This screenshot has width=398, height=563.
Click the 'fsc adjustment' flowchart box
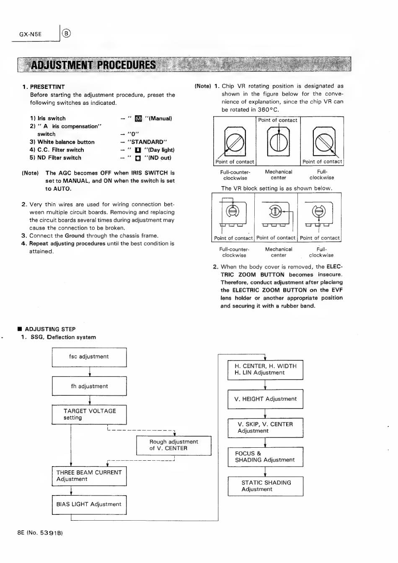(x=89, y=357)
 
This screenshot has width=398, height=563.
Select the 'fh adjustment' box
(x=89, y=386)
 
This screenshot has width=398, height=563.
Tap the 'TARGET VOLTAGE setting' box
(x=89, y=414)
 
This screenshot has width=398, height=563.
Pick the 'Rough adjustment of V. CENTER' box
(x=173, y=445)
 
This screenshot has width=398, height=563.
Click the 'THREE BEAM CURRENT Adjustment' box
(x=89, y=476)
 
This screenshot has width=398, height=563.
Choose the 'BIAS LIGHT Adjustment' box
(x=89, y=504)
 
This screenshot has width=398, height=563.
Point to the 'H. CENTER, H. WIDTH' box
(x=265, y=369)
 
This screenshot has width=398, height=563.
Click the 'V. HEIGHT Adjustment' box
(x=265, y=399)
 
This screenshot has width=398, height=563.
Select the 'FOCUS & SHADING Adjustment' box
(x=265, y=457)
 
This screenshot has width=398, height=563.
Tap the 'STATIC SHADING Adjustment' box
(x=265, y=486)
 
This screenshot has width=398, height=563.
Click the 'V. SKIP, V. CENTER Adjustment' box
(x=265, y=428)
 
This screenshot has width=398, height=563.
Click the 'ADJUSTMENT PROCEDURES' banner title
(x=93, y=65)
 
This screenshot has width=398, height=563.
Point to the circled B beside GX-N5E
(x=67, y=34)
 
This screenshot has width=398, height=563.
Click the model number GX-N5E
(x=31, y=34)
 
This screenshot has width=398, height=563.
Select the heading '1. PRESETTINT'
(x=44, y=87)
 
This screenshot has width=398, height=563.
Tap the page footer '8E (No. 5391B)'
(x=40, y=533)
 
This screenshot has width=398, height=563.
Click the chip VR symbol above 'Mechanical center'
(x=279, y=143)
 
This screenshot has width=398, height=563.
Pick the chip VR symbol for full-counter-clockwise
(x=235, y=143)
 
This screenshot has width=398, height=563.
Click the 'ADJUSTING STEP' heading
(x=50, y=329)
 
